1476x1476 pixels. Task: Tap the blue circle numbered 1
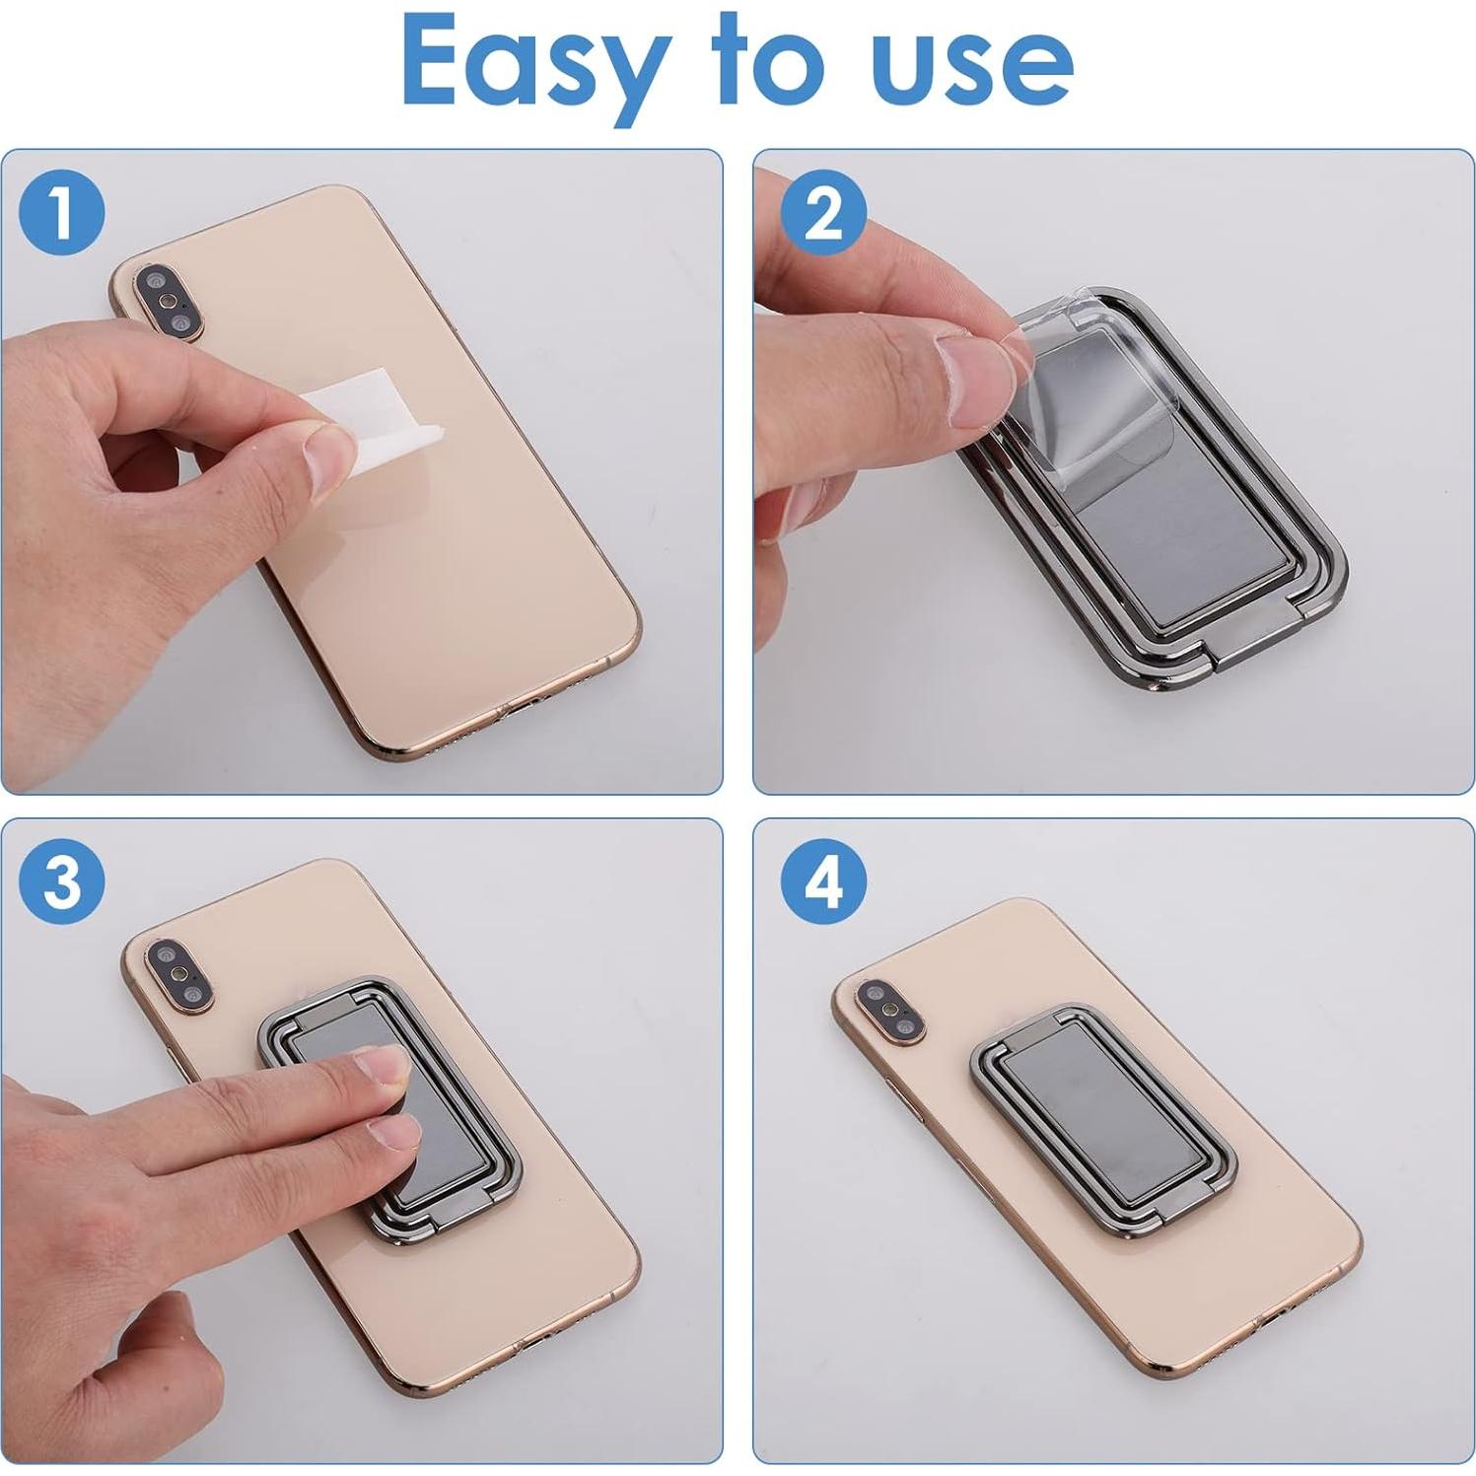click(x=61, y=213)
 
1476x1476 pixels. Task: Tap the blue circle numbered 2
click(x=823, y=213)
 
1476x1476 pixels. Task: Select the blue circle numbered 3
click(x=61, y=880)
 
